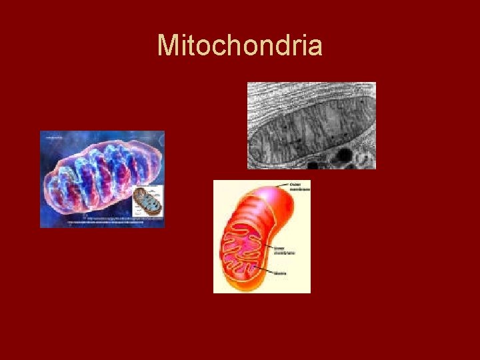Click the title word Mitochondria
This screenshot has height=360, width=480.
pos(240,46)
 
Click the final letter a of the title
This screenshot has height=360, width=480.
pos(315,46)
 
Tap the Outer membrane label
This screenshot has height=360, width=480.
pos(299,187)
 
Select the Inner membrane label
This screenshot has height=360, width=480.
pos(285,251)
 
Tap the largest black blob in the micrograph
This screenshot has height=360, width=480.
pos(345,157)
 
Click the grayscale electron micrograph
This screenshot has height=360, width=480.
pos(311,125)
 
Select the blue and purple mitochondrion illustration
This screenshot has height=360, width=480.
pos(93,177)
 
